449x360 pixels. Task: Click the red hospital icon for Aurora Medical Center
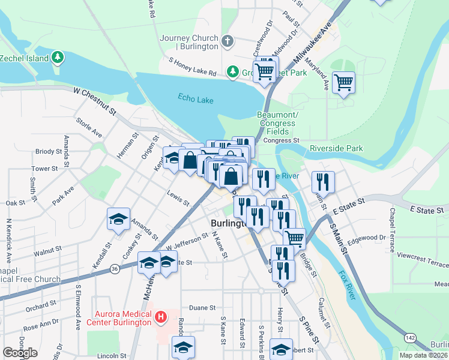pyautogui.click(x=160, y=317)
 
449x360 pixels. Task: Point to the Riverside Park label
pyautogui.click(x=336, y=148)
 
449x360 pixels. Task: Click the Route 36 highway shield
pyautogui.click(x=115, y=269)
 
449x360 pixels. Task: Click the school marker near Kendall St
pyautogui.click(x=119, y=220)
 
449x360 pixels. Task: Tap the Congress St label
pyautogui.click(x=281, y=140)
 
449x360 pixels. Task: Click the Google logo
pyautogui.click(x=20, y=353)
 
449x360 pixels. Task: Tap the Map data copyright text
pyautogui.click(x=423, y=355)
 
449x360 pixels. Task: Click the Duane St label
pyautogui.click(x=202, y=307)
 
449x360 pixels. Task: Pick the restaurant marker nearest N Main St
pyautogui.click(x=324, y=181)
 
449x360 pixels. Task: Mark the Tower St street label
pyautogui.click(x=44, y=169)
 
